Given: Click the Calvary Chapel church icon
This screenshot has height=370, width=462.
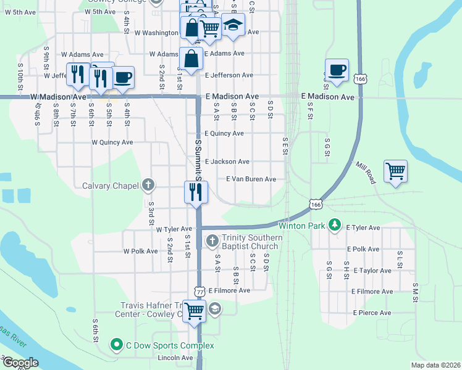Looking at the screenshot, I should point(148,184).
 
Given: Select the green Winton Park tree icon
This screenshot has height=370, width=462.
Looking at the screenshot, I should point(335,225).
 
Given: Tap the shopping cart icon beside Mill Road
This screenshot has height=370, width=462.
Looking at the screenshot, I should point(395,171).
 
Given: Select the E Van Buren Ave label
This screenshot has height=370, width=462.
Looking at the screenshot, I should point(251,179).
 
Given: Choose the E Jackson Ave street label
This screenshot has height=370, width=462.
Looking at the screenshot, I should point(227,162).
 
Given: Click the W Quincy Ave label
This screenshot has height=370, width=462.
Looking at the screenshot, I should point(112,142).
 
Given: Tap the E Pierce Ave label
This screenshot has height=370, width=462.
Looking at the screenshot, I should point(372,313).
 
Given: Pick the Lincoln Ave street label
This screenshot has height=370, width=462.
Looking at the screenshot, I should point(175,358).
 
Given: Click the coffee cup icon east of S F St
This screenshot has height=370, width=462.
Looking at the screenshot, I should point(337,70).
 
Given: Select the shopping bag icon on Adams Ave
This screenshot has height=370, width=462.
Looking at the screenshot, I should point(191,59).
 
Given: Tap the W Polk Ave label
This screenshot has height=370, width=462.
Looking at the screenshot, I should point(140,252).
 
